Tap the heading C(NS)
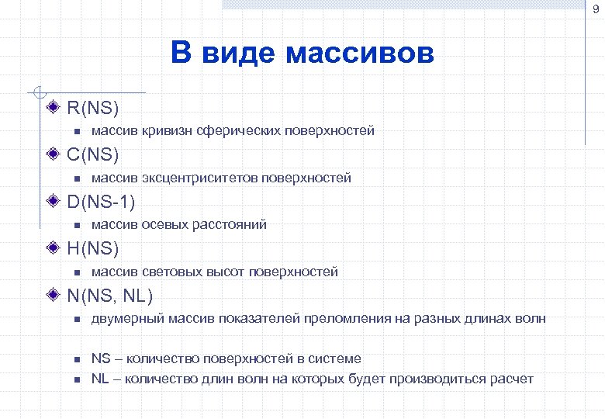[x=92, y=154]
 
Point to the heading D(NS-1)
[x=101, y=202]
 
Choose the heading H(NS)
[x=92, y=248]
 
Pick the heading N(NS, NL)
[x=109, y=296]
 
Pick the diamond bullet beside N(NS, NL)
[x=54, y=295]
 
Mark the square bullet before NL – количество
[x=77, y=379]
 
